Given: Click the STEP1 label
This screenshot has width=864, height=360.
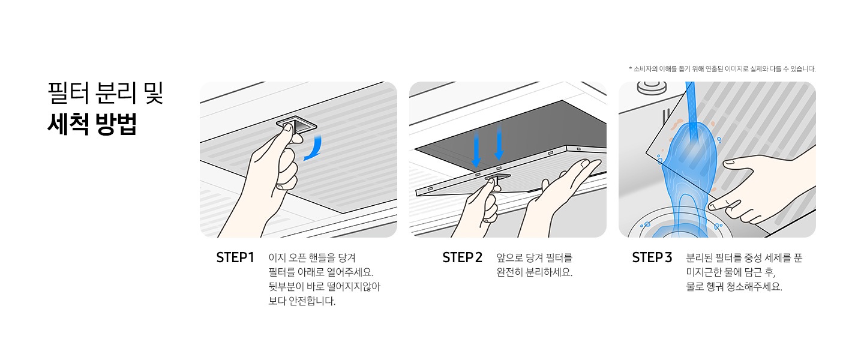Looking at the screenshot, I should tap(235, 257).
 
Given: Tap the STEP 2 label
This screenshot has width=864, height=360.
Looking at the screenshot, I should tap(462, 257).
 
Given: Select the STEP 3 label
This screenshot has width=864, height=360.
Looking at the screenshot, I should tap(652, 257).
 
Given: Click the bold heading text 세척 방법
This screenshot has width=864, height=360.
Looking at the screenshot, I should tap(92, 124).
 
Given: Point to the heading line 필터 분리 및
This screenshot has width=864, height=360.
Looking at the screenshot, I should tap(105, 94).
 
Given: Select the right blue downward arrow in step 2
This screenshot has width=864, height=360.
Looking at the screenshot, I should tap(499, 144).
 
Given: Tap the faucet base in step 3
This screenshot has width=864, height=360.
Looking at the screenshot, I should tap(651, 89).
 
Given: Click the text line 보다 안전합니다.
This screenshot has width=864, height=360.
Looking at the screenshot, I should tap(302, 301).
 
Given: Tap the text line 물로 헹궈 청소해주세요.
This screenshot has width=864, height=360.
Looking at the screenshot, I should tap(734, 287).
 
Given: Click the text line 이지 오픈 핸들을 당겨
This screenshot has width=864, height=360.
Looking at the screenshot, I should tap(312, 257).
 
